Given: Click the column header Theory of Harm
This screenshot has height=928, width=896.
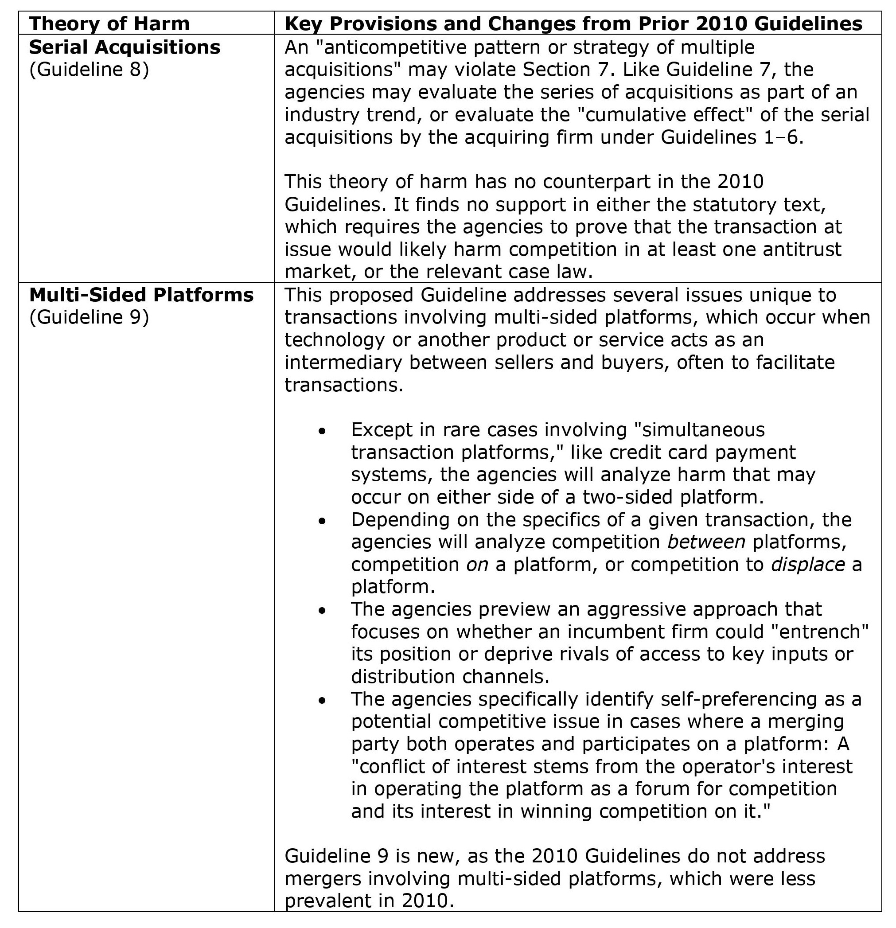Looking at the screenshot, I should (x=109, y=23).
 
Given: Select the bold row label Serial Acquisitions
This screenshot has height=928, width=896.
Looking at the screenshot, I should (x=125, y=47).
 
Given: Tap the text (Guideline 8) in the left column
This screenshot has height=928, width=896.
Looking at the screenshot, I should (x=89, y=70).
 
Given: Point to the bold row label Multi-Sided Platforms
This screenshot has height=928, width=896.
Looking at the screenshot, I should (x=141, y=295).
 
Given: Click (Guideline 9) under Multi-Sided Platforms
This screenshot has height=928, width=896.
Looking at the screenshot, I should (x=89, y=317).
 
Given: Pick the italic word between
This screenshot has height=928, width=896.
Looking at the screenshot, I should (x=706, y=542).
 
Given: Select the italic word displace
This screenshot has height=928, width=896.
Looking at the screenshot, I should (x=808, y=564).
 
